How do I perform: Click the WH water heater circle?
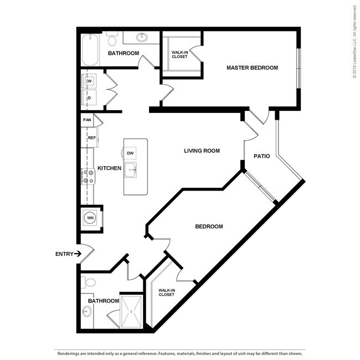pos(90,218)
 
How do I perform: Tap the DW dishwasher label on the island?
pos(130,153)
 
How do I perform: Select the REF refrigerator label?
pos(92,138)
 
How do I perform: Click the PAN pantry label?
pos(87,120)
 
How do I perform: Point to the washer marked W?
pos(90,81)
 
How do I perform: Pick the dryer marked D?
pos(89,97)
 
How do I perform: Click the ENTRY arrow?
pos(78,254)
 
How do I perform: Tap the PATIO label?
pos(262,156)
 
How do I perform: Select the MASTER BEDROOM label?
pos(252,68)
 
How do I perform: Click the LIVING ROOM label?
pos(202,151)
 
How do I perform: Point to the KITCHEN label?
pos(109,168)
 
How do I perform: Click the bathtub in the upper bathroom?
pos(90,50)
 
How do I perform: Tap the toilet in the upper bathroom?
pos(112,39)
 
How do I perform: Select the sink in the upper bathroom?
pos(142,37)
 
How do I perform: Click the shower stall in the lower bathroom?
pos(131,312)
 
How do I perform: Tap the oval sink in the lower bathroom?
pos(87,312)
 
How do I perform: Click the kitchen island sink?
pos(131,170)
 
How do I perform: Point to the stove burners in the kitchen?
pos(88,176)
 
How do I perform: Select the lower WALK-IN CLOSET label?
pos(167,292)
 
